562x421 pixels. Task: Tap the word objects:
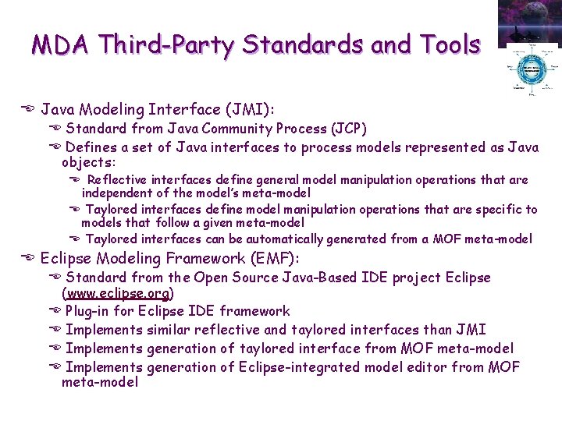(x=88, y=163)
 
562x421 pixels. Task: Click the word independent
(x=118, y=193)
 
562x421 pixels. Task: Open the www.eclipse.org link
(x=118, y=294)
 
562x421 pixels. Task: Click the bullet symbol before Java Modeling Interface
(x=29, y=110)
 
